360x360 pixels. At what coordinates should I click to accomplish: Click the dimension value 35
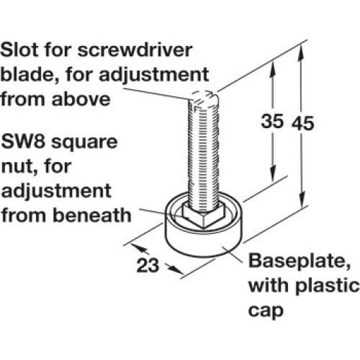pos(272,121)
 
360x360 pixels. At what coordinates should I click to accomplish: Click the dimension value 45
pos(303,123)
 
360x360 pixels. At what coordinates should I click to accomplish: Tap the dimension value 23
pos(148,265)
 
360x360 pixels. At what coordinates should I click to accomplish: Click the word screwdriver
pos(135,50)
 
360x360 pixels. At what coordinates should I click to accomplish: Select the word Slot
pos(19,50)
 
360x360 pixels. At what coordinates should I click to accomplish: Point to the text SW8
pos(23,142)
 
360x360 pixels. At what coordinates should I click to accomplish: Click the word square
pos(84,143)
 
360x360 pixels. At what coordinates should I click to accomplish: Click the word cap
pos(266,311)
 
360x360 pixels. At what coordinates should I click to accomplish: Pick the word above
pos(81,99)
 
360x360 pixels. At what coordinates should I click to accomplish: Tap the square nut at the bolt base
pos(204,215)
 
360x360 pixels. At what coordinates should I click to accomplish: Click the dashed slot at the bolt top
pos(203,94)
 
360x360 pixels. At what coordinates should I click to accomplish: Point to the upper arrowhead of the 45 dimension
pos(301,52)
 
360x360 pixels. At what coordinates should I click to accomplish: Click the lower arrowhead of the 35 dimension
pos(272,174)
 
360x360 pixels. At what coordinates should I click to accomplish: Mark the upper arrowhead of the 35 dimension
pos(272,68)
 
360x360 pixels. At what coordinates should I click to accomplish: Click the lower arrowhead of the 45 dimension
pos(302,198)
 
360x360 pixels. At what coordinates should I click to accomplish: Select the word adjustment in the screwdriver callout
pos(153,76)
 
